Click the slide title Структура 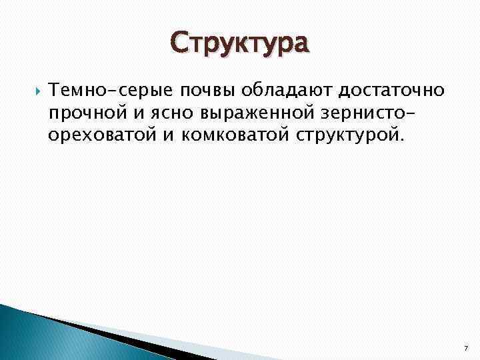pos(240,43)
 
